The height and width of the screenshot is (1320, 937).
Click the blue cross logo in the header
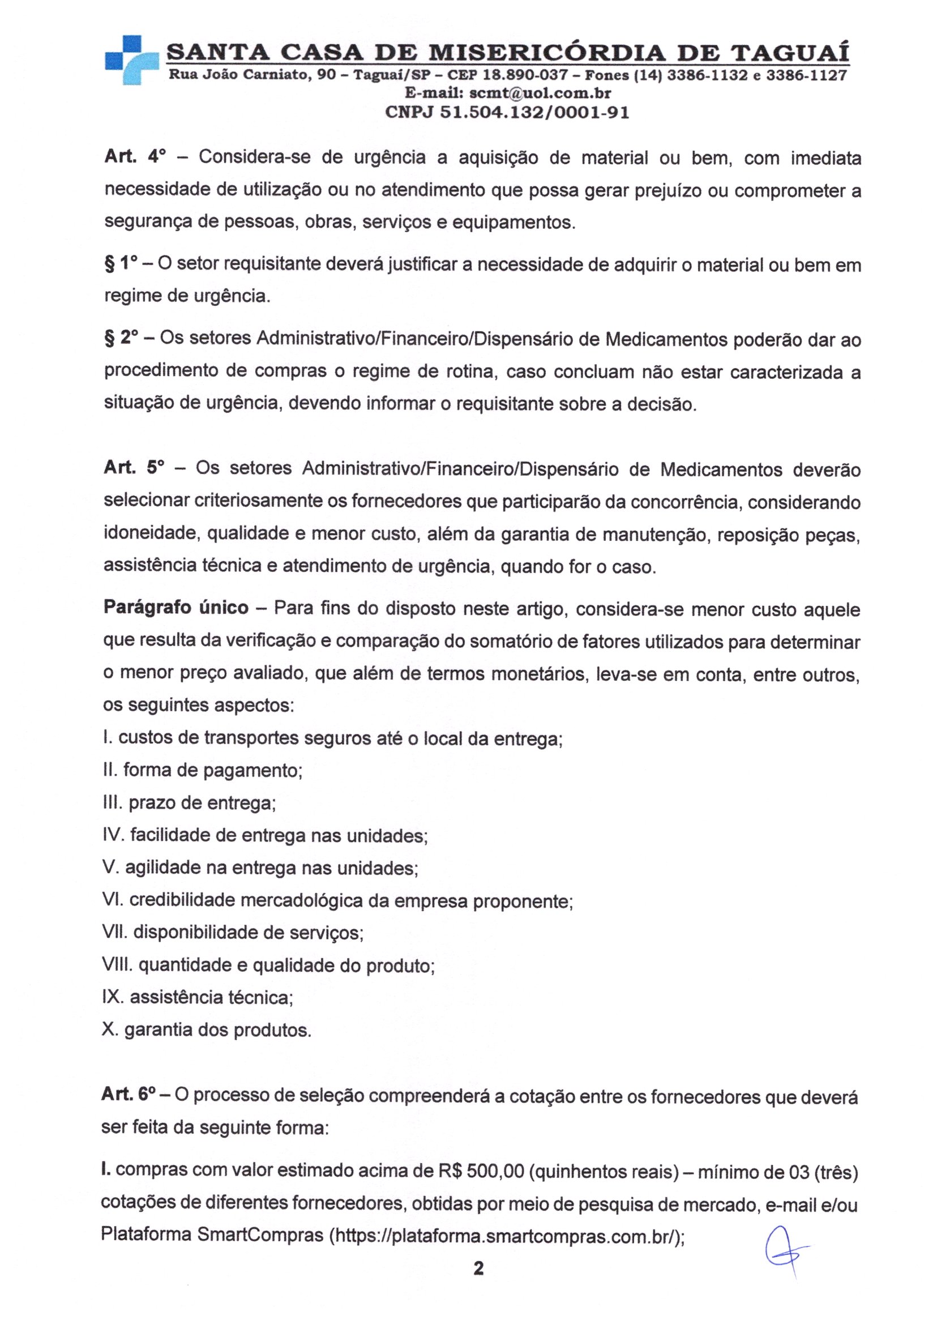pos(131,59)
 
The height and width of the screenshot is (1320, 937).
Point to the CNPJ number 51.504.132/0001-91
pos(534,112)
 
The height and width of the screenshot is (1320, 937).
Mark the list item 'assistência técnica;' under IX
pos(211,997)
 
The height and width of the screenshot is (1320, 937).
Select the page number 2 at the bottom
pos(478,1280)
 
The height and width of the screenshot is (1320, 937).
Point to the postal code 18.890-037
pos(525,75)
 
